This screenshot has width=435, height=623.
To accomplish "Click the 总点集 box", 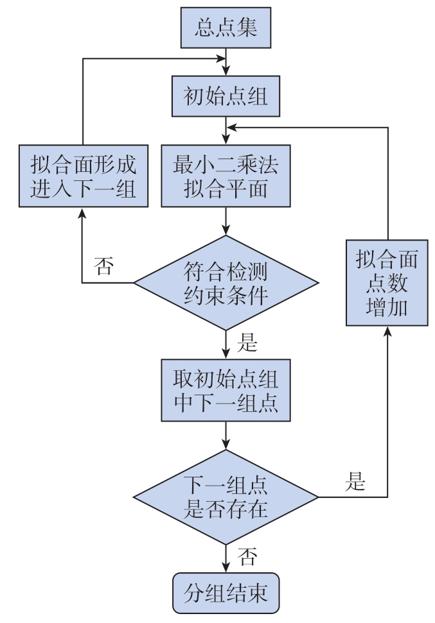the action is [x=226, y=28].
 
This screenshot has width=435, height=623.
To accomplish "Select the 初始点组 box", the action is [x=226, y=96].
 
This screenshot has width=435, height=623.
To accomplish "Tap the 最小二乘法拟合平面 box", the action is [x=226, y=176].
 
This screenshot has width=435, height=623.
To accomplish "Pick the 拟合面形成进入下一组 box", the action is [x=84, y=176].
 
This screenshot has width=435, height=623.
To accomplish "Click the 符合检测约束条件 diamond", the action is [x=226, y=283].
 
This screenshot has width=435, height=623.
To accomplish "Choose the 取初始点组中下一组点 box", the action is [x=226, y=390].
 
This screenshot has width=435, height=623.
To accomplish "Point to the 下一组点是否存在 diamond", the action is [x=226, y=497].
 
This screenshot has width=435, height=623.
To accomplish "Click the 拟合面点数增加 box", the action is [x=387, y=282].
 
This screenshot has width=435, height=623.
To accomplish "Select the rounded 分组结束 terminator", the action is [x=226, y=593].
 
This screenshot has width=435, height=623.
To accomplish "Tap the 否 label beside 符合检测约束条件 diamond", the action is [x=104, y=266].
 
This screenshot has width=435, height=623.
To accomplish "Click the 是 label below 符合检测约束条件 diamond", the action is [x=247, y=342].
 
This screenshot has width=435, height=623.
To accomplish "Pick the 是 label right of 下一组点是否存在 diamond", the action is [x=355, y=481].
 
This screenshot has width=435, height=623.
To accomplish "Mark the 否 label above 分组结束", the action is [x=247, y=556].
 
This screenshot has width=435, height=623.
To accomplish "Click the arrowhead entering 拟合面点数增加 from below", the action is [x=387, y=331].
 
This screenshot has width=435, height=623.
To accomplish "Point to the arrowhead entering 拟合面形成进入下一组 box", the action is [x=82, y=212].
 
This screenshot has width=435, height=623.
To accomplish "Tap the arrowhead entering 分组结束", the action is [x=226, y=567].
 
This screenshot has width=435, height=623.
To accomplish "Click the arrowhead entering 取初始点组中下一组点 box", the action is [x=226, y=354].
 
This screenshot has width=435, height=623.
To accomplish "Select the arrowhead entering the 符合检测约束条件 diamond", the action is [x=226, y=230].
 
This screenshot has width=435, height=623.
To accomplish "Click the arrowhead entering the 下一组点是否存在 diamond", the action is [x=226, y=445].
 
